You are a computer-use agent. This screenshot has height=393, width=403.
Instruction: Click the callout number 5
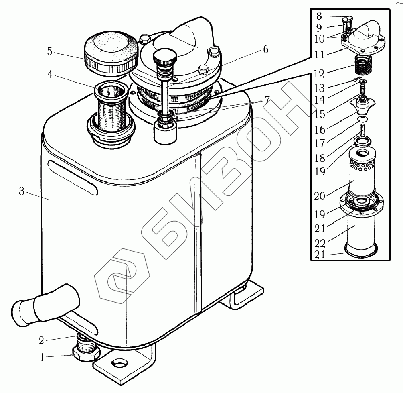(50, 51)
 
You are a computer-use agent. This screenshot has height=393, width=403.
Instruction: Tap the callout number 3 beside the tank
(22, 191)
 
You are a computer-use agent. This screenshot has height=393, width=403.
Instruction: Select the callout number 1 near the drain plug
(42, 358)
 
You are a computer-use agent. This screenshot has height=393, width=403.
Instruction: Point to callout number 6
(265, 49)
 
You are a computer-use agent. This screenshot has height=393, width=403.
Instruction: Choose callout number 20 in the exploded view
(320, 195)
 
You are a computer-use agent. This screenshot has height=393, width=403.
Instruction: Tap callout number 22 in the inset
(320, 243)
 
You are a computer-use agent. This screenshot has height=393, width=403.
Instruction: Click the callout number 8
(319, 16)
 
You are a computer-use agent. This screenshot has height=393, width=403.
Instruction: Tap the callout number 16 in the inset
(320, 130)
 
